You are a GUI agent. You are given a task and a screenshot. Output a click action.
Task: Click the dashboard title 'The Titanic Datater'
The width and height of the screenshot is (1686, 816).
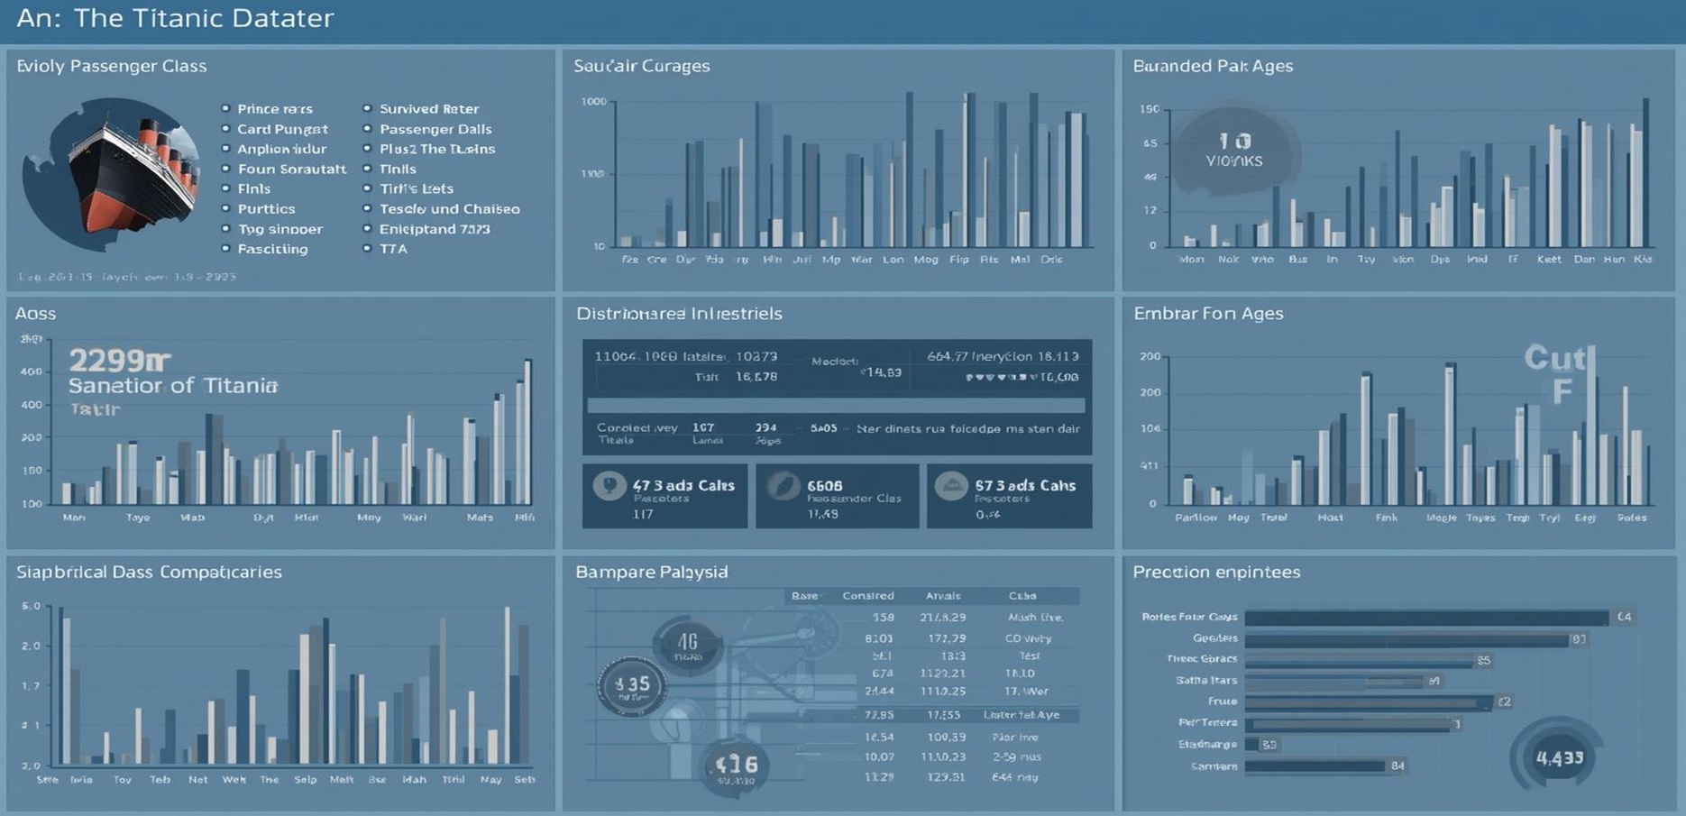tap(203, 18)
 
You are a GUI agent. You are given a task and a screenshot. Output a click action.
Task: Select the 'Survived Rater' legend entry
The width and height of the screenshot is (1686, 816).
tap(428, 109)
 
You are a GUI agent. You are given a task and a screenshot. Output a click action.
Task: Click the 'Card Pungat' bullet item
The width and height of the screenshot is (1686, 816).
tap(281, 129)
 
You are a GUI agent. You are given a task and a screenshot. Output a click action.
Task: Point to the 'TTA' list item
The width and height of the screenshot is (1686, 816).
tap(393, 249)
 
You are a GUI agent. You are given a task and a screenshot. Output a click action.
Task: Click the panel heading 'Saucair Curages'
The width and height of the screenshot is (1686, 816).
tap(641, 66)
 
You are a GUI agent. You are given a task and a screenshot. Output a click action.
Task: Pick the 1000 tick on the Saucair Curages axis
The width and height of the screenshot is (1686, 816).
tap(594, 102)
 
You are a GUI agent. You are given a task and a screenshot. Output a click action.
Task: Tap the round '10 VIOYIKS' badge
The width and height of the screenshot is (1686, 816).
tap(1234, 151)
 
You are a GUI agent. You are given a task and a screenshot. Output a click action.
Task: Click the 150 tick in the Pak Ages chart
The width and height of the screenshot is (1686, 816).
tap(1149, 109)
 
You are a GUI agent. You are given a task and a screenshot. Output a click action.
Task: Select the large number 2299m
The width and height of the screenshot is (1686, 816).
tap(119, 361)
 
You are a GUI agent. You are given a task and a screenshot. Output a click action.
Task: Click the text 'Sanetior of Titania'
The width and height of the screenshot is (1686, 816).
tap(172, 386)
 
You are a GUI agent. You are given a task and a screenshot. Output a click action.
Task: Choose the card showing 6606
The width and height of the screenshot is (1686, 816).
tap(837, 496)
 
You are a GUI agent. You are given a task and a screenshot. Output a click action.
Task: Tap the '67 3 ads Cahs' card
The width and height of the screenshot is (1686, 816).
tap(1009, 496)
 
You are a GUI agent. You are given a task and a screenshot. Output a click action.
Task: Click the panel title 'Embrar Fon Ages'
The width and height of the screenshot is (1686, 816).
tap(1208, 314)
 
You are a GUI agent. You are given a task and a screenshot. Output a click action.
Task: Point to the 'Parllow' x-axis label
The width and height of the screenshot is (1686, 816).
tap(1196, 518)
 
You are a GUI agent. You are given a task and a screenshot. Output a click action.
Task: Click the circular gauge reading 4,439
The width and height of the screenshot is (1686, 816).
tap(1559, 757)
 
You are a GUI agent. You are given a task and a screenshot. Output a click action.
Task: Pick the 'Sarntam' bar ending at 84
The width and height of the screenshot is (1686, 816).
tap(1315, 766)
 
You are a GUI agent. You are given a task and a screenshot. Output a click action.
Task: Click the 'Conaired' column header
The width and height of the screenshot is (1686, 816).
tap(867, 596)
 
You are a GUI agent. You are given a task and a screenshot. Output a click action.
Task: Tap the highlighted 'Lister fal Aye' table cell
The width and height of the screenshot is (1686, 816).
tap(1021, 715)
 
